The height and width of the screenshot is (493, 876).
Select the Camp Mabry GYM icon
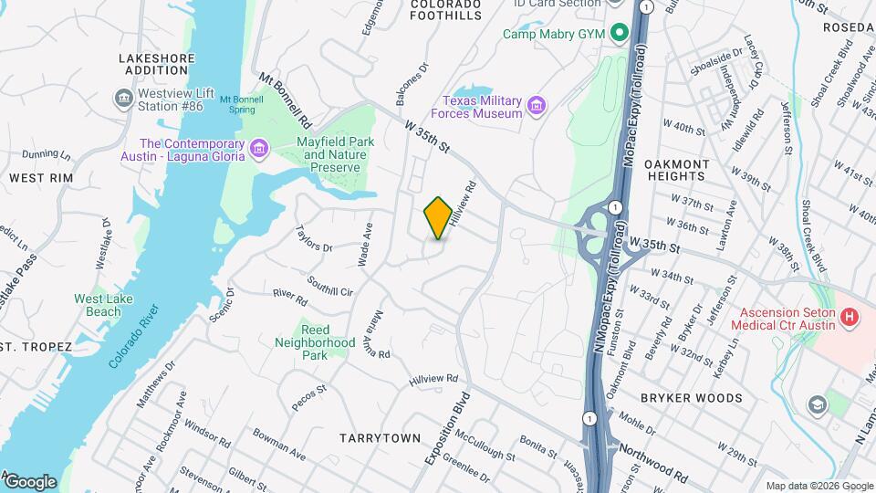click(x=620, y=34)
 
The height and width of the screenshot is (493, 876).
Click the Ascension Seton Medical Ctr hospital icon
click(x=850, y=318)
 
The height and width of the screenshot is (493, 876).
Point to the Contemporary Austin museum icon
click(x=259, y=148)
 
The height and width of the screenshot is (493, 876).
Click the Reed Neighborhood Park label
click(x=315, y=341)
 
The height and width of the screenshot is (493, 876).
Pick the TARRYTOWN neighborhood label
click(x=380, y=438)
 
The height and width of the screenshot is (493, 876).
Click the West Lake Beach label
click(x=98, y=305)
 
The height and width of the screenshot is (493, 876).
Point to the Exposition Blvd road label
click(x=446, y=429)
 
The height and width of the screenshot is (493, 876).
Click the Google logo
click(x=30, y=481)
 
